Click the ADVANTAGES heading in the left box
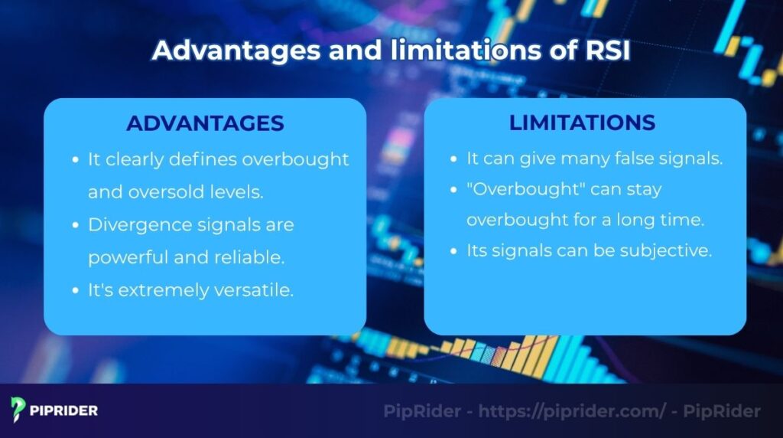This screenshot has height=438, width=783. click(205, 123)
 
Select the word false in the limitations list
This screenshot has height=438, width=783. click(624, 159)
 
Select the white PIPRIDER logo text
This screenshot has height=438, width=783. click(64, 411)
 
